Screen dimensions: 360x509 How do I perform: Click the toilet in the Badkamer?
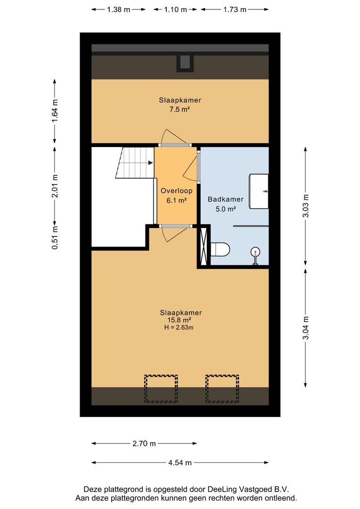(x=220, y=249)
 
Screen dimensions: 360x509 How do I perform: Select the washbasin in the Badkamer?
(x=259, y=191)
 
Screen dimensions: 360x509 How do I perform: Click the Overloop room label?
(x=176, y=190)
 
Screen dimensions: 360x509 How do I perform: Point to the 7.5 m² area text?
(x=179, y=109)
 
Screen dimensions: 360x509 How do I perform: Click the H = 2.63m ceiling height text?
(x=179, y=328)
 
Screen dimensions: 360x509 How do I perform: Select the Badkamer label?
(x=226, y=199)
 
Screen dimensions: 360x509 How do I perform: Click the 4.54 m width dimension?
(x=180, y=463)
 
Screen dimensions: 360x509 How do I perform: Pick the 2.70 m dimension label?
(x=144, y=443)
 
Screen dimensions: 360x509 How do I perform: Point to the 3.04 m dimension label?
(x=305, y=328)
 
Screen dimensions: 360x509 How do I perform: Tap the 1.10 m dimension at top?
(x=175, y=9)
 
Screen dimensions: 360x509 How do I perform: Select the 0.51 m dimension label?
(x=55, y=237)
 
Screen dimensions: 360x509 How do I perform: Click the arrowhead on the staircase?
(x=151, y=163)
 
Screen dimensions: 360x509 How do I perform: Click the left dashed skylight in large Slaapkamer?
(x=161, y=389)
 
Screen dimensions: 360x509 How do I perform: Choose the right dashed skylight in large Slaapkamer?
(x=222, y=389)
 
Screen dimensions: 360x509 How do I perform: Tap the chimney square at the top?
(x=185, y=63)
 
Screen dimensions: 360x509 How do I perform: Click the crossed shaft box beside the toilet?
(x=204, y=246)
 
